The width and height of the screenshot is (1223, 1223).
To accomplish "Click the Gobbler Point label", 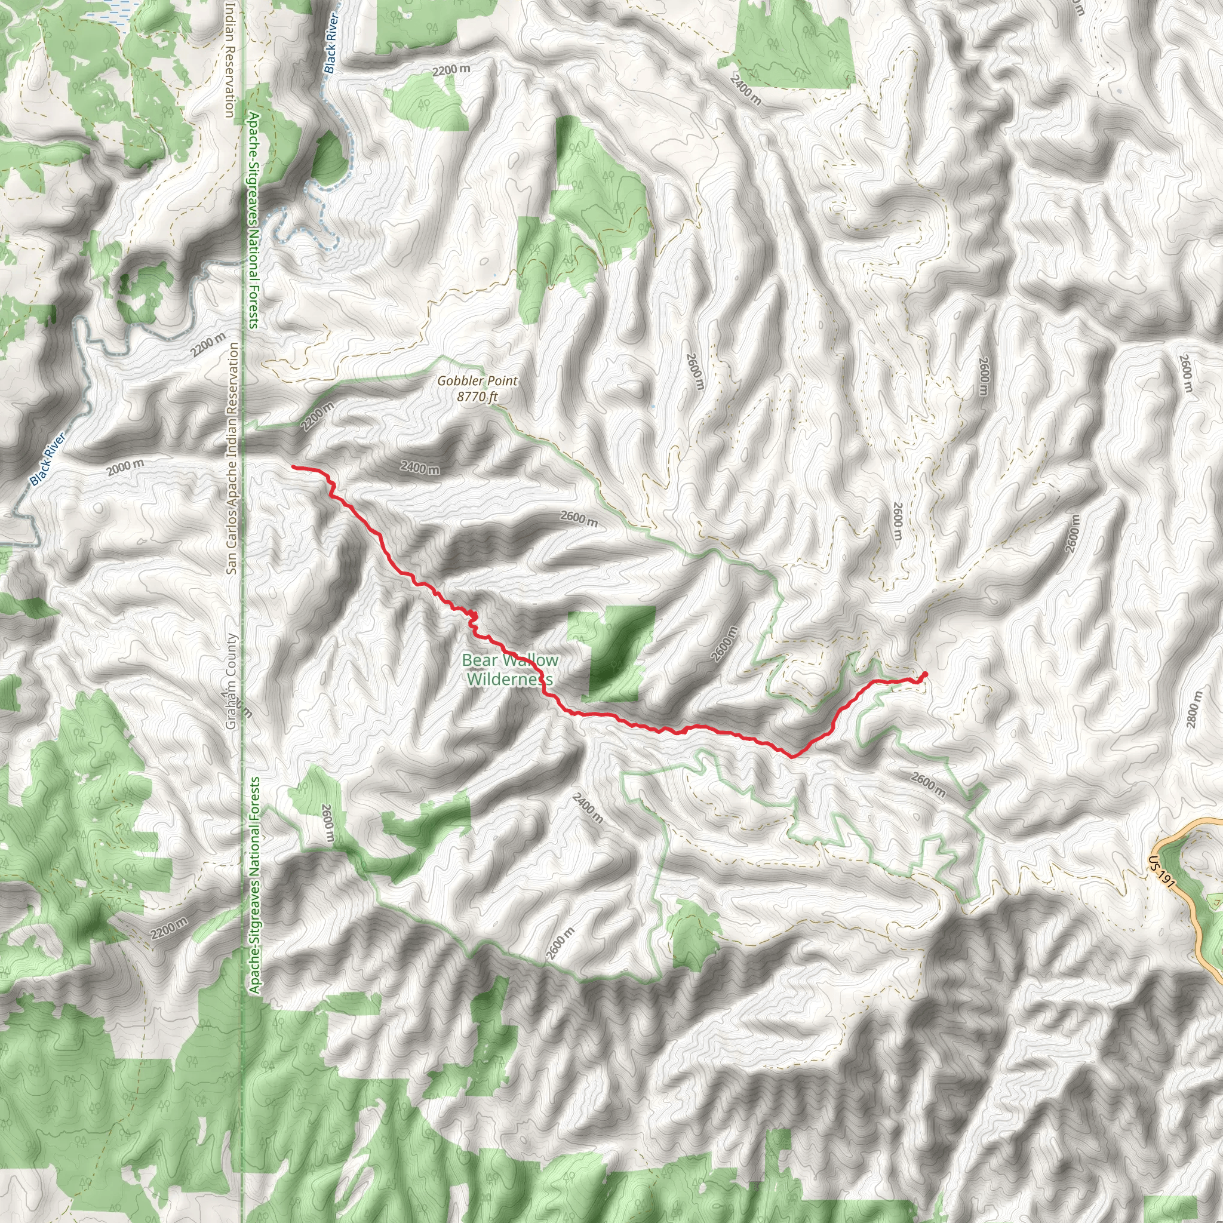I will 477,381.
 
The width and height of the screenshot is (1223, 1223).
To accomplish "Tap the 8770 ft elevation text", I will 477,397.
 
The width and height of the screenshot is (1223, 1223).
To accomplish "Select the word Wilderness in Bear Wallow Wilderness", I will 509,679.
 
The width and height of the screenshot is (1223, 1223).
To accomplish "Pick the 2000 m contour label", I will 125,467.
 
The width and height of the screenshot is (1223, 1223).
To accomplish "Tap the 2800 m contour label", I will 1194,709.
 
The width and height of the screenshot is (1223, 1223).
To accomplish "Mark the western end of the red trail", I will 293,467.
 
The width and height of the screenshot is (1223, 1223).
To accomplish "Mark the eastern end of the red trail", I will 926,674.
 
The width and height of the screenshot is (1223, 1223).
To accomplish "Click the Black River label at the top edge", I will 330,43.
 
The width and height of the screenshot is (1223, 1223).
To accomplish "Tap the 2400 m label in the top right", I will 745,89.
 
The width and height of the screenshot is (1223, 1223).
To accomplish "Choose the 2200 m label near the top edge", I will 451,70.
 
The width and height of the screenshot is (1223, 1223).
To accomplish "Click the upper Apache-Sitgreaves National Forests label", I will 253,220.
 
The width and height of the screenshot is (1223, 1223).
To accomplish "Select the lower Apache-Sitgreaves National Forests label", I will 254,885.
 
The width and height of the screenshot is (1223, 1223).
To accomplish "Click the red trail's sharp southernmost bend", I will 794,755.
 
